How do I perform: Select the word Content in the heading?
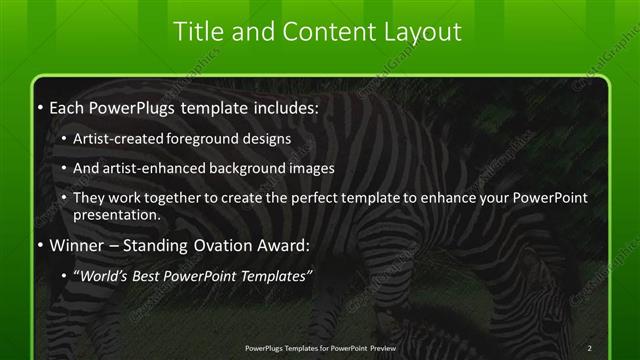316,32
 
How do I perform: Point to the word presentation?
117,214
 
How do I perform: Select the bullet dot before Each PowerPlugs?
38,106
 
